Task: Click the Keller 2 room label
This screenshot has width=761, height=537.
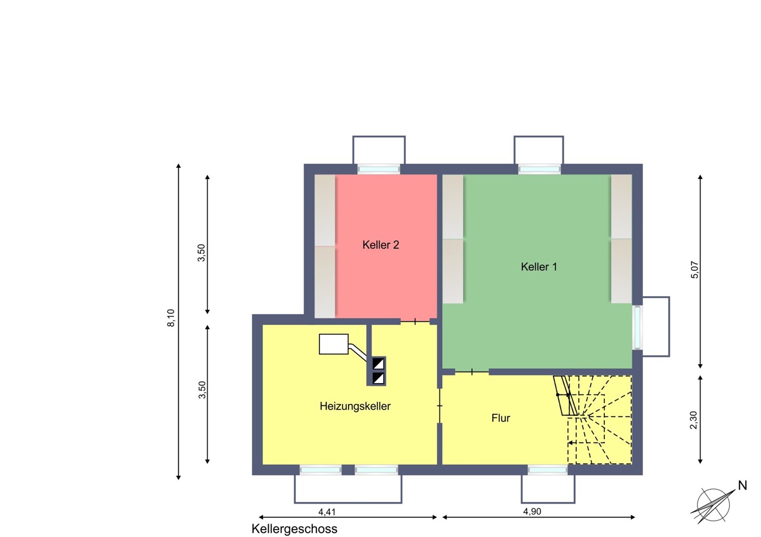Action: [x=381, y=245]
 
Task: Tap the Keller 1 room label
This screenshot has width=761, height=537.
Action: [x=539, y=267]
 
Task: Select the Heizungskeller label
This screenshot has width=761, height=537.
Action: [x=355, y=406]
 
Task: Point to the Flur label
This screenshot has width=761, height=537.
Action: [x=500, y=418]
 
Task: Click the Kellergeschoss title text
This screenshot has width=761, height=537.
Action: [x=294, y=529]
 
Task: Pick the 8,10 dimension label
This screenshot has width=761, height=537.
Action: [x=171, y=318]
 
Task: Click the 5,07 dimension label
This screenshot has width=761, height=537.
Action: [x=695, y=270]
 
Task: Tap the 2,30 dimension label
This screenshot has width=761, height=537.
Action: [x=694, y=420]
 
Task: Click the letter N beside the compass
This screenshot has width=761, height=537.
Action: [x=743, y=486]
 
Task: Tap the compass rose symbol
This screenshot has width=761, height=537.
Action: [x=713, y=505]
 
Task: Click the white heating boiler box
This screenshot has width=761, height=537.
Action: [x=333, y=344]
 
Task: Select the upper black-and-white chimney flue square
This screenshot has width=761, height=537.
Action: [x=379, y=364]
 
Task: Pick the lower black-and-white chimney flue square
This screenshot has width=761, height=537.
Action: [x=379, y=378]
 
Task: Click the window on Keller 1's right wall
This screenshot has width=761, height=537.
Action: [x=638, y=328]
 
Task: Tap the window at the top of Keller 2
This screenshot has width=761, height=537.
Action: [x=379, y=169]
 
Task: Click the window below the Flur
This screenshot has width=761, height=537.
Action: [x=547, y=470]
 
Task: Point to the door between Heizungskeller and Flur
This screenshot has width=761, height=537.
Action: [x=440, y=405]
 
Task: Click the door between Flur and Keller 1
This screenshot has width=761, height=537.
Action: [x=472, y=372]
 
